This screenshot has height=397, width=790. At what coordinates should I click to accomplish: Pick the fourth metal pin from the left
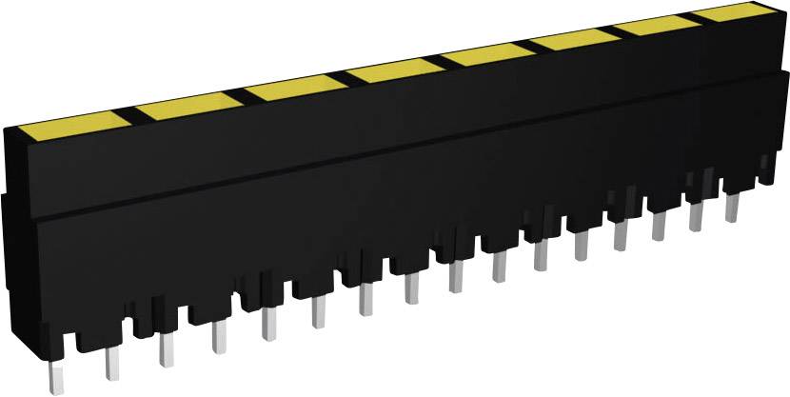(x=219, y=334)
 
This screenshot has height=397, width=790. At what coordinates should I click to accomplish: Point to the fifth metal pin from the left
(x=269, y=325)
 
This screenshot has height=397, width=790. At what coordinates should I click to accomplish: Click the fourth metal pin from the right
(x=620, y=235)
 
